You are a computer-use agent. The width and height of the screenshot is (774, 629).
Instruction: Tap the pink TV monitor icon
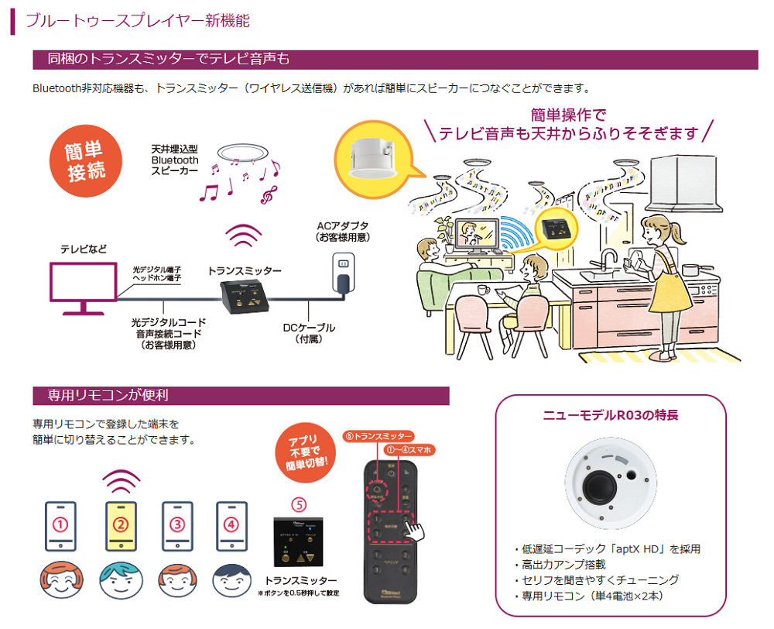click(x=83, y=287)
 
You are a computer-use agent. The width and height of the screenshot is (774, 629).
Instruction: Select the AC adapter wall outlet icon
click(x=342, y=268)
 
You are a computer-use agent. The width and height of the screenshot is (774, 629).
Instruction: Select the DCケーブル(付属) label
click(x=309, y=333)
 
